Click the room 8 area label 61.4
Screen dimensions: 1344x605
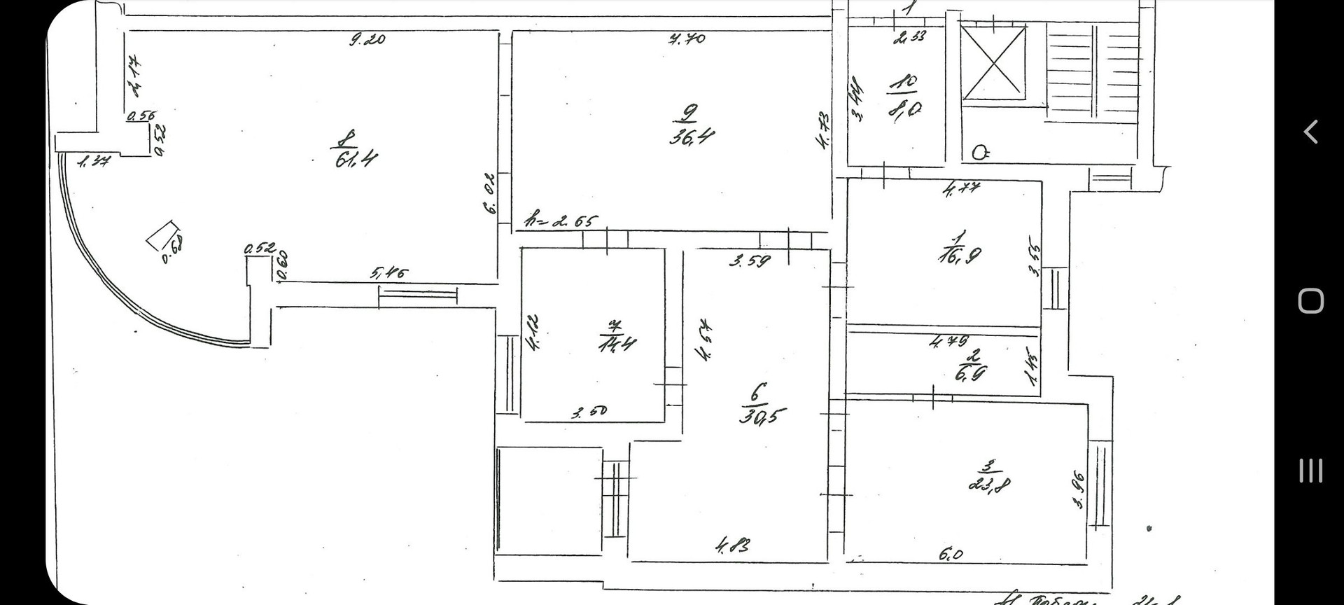point(356,159)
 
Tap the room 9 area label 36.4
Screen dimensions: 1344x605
point(692,135)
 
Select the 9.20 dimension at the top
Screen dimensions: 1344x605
point(367,40)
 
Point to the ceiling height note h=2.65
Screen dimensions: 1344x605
point(561,221)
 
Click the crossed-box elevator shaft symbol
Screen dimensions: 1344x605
point(993,62)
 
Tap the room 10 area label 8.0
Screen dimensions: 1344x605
point(905,110)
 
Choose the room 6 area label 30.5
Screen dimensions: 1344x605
point(762,415)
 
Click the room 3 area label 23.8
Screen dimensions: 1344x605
point(990,483)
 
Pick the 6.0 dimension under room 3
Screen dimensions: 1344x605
point(951,555)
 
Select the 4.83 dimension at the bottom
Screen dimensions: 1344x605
point(734,544)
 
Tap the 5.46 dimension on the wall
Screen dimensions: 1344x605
point(388,273)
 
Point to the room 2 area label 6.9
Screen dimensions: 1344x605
point(970,373)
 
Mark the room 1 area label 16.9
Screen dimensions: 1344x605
point(960,254)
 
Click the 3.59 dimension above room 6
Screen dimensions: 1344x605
point(750,262)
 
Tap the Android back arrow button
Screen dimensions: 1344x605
point(1310,132)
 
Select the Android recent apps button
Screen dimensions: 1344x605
point(1310,471)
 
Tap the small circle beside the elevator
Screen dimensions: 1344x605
point(980,153)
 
